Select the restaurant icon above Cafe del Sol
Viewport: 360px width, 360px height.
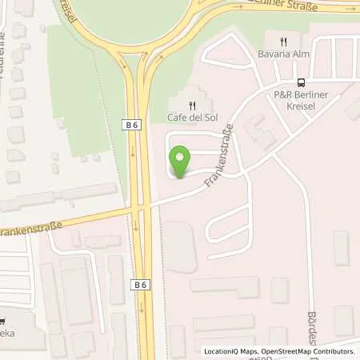(192, 105)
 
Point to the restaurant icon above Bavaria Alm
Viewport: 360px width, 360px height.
(282, 42)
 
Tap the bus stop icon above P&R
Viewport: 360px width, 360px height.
(301, 82)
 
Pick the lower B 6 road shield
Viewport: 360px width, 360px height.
(141, 284)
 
